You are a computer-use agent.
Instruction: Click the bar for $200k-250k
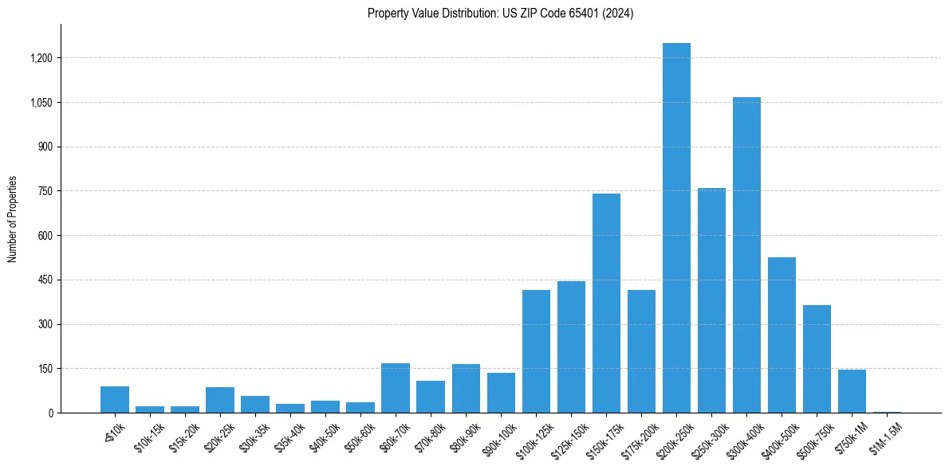pyautogui.click(x=676, y=228)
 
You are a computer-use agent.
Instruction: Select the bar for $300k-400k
pyautogui.click(x=746, y=255)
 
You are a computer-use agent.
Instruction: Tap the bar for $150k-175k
pyautogui.click(x=606, y=303)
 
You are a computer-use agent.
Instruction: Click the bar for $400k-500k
pyautogui.click(x=782, y=335)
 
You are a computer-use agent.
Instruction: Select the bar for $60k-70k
pyautogui.click(x=396, y=388)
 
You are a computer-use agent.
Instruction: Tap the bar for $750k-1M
pyautogui.click(x=852, y=391)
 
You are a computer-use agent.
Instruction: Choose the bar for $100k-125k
pyautogui.click(x=536, y=351)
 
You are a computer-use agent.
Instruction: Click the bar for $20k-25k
pyautogui.click(x=220, y=400)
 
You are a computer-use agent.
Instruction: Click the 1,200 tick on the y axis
pyautogui.click(x=41, y=58)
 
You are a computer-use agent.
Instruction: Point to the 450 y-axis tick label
pyautogui.click(x=45, y=280)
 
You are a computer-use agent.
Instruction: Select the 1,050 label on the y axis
pyautogui.click(x=41, y=103)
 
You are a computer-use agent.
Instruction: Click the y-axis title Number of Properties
pyautogui.click(x=13, y=219)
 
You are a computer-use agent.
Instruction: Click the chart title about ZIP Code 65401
pyautogui.click(x=500, y=14)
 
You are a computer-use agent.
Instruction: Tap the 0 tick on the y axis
pyautogui.click(x=50, y=413)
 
